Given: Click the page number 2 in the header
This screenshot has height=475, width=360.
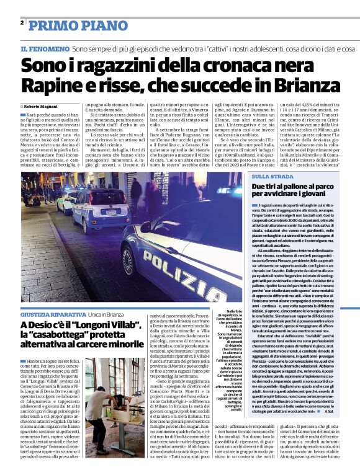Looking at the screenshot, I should click(22, 23).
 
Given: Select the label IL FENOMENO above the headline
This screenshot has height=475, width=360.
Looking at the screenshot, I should click(43, 48).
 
